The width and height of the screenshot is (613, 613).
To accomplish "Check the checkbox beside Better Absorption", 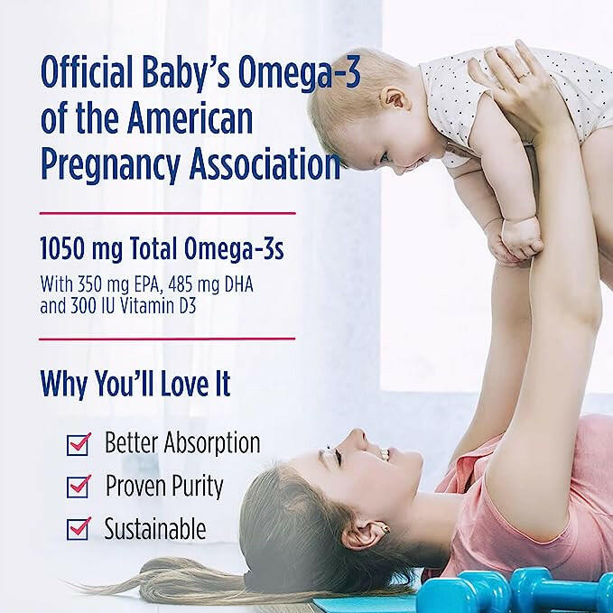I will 79,444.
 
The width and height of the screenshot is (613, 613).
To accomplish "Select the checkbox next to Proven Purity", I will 79,487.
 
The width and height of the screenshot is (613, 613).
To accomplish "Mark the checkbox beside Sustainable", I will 79,528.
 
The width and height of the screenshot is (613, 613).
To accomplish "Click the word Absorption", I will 216,443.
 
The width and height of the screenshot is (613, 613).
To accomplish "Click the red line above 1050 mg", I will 167,213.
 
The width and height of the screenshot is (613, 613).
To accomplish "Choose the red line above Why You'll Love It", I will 167,339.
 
